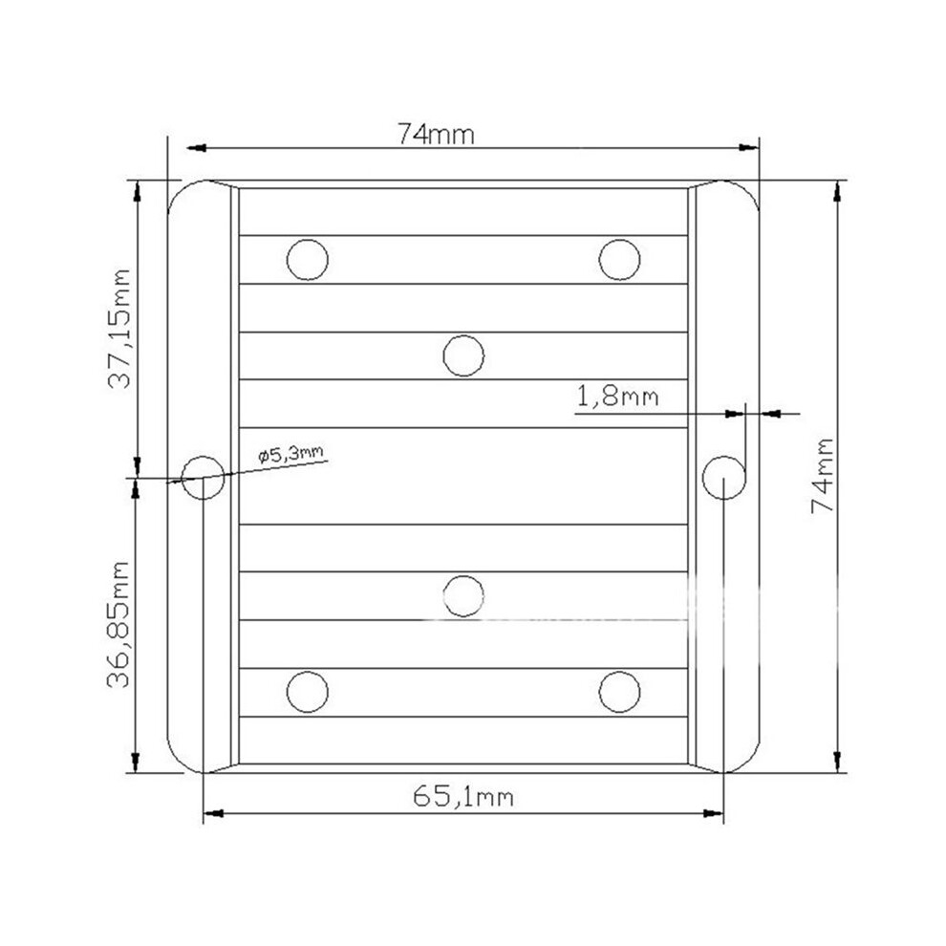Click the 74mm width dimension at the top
coord(436,134)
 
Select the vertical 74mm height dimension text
coord(823,476)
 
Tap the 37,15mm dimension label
coord(119,329)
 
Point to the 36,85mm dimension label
coord(118,625)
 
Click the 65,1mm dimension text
coord(463,797)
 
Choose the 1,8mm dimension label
coord(618,397)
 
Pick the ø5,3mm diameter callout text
coord(290,454)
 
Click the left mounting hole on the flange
coord(204,477)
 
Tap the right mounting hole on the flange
coord(724,477)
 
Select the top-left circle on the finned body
coord(308,259)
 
